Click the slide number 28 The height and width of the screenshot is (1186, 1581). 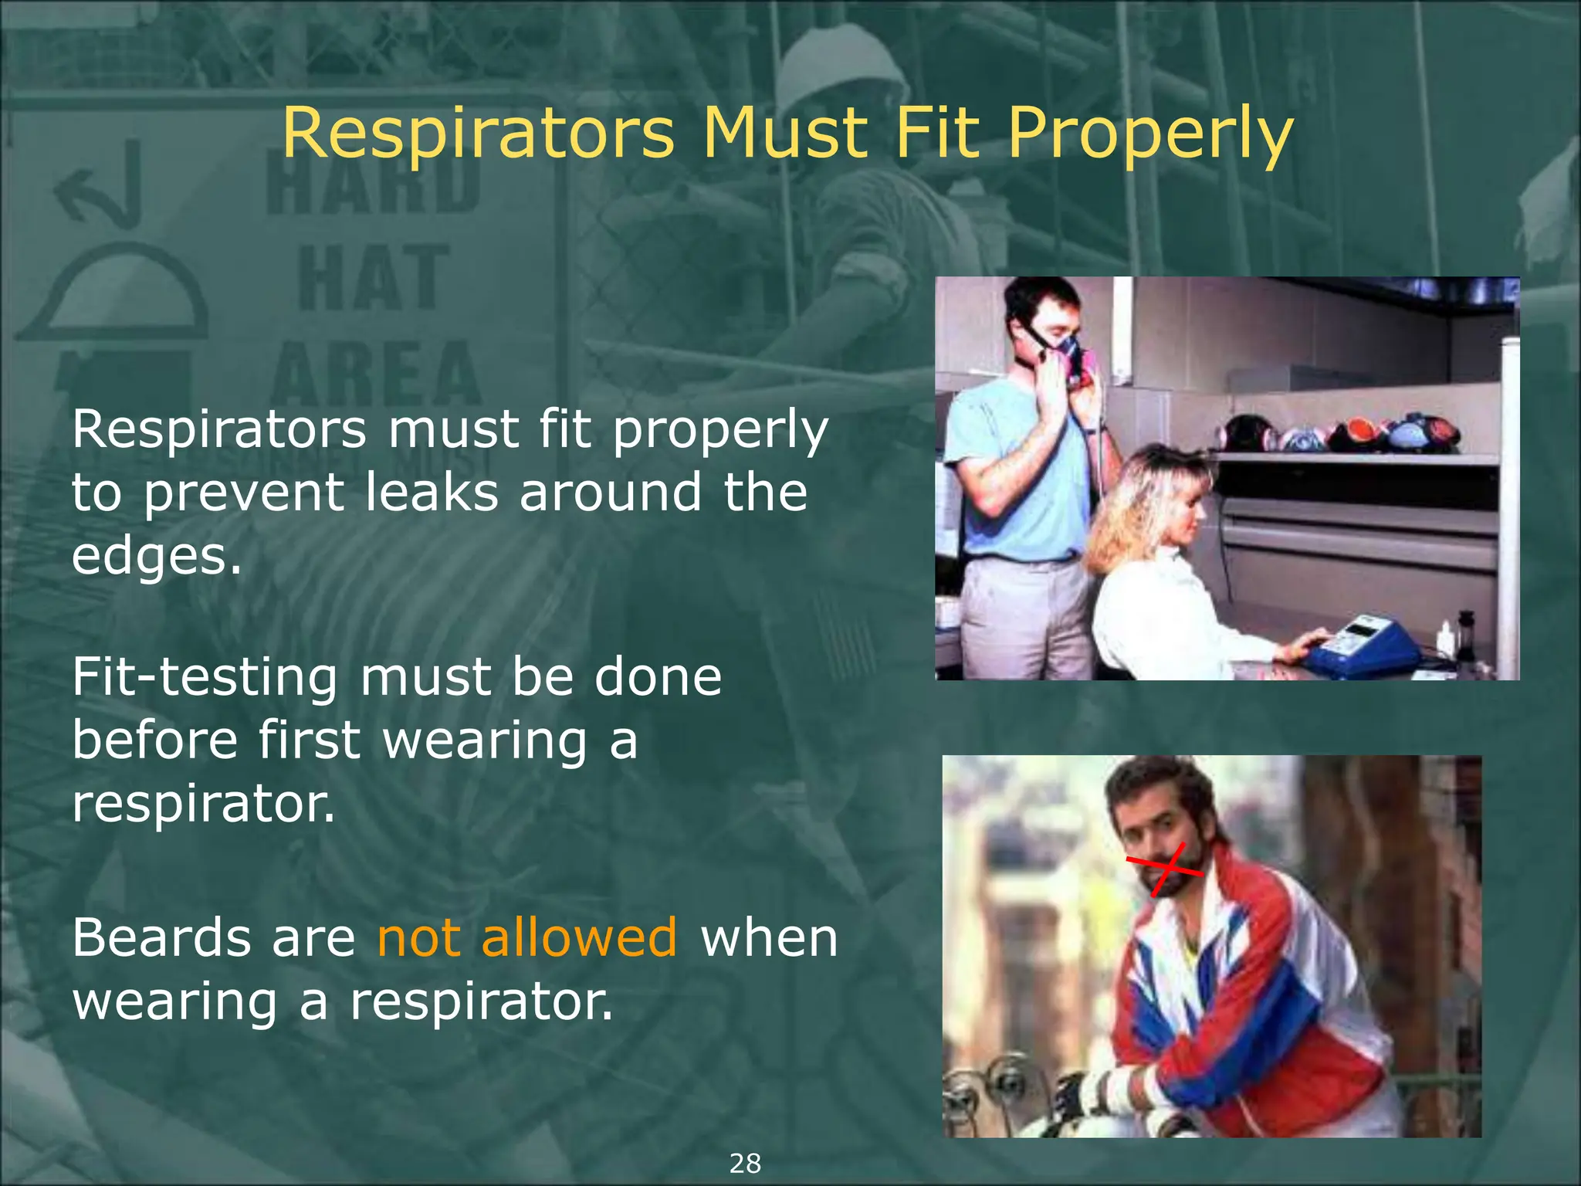(x=745, y=1163)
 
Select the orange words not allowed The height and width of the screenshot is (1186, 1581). (x=526, y=937)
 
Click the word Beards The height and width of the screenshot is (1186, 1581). (x=161, y=937)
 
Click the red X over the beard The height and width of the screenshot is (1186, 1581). (x=1166, y=869)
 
